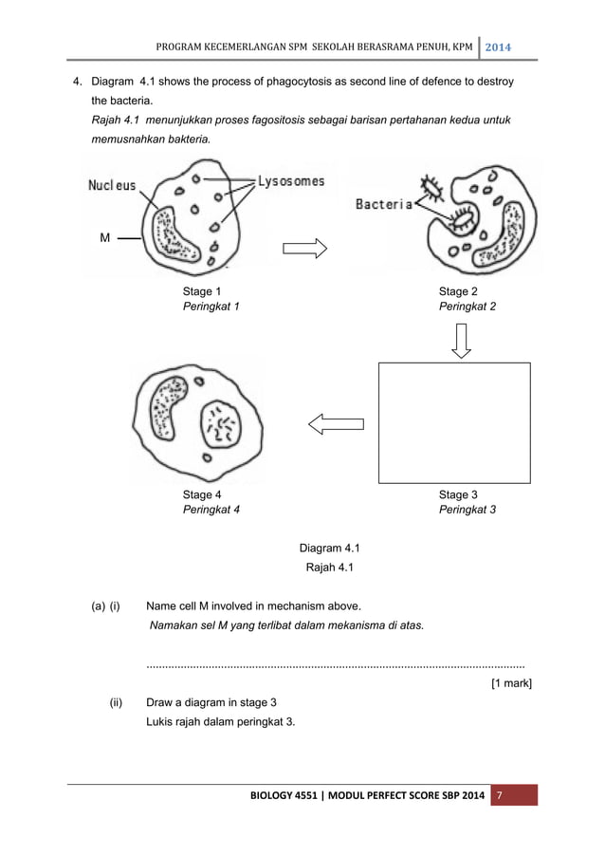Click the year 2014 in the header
498,47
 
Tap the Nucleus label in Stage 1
112,186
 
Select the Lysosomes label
291,181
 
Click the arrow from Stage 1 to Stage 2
304,249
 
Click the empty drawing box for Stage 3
454,422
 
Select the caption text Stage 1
202,291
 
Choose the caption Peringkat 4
211,510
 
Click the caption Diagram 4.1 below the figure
329,549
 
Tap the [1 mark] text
511,683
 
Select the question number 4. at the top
80,82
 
